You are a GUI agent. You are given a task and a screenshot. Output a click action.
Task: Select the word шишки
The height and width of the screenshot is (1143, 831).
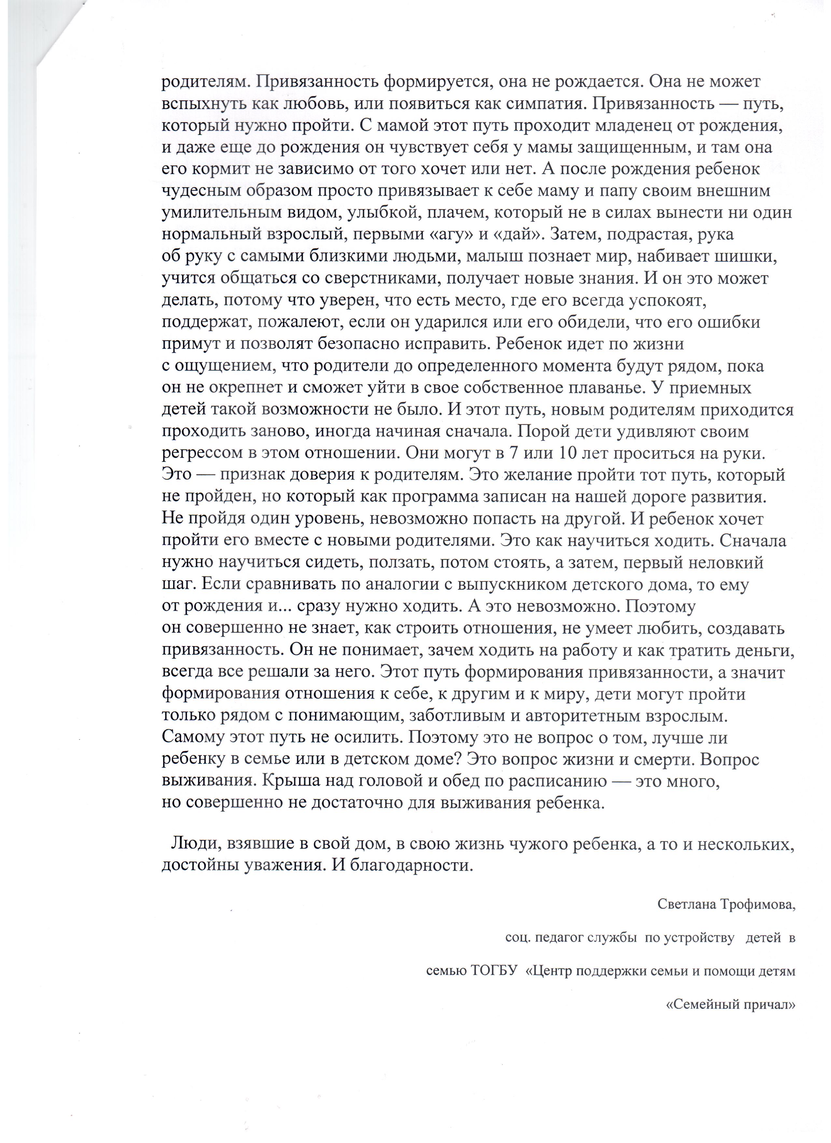tap(751, 257)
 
